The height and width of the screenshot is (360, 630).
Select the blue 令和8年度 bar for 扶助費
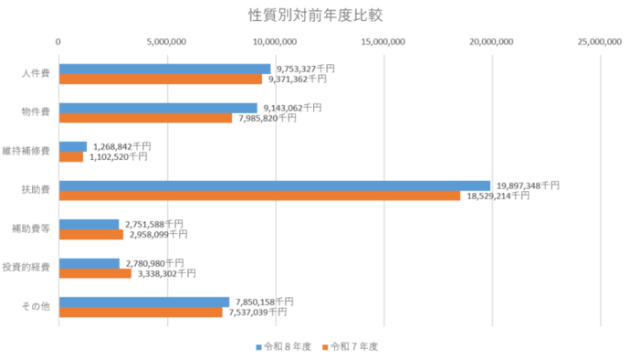pyautogui.click(x=275, y=185)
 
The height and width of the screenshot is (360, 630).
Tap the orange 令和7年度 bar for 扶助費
pyautogui.click(x=259, y=196)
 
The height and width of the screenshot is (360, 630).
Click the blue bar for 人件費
pyautogui.click(x=164, y=69)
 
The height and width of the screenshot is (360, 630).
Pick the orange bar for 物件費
pyautogui.click(x=145, y=118)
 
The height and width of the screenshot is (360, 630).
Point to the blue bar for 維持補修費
pyautogui.click(x=73, y=146)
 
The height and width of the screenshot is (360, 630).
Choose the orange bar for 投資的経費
pyautogui.click(x=95, y=273)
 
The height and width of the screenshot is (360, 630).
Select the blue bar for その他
pyautogui.click(x=144, y=302)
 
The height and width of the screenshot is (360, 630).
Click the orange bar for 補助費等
pyautogui.click(x=91, y=235)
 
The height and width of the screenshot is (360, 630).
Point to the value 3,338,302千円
pyautogui.click(x=166, y=273)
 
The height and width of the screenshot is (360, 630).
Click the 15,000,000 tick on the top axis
pyautogui.click(x=383, y=41)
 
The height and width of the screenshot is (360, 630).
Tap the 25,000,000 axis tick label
pyautogui.click(x=598, y=41)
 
